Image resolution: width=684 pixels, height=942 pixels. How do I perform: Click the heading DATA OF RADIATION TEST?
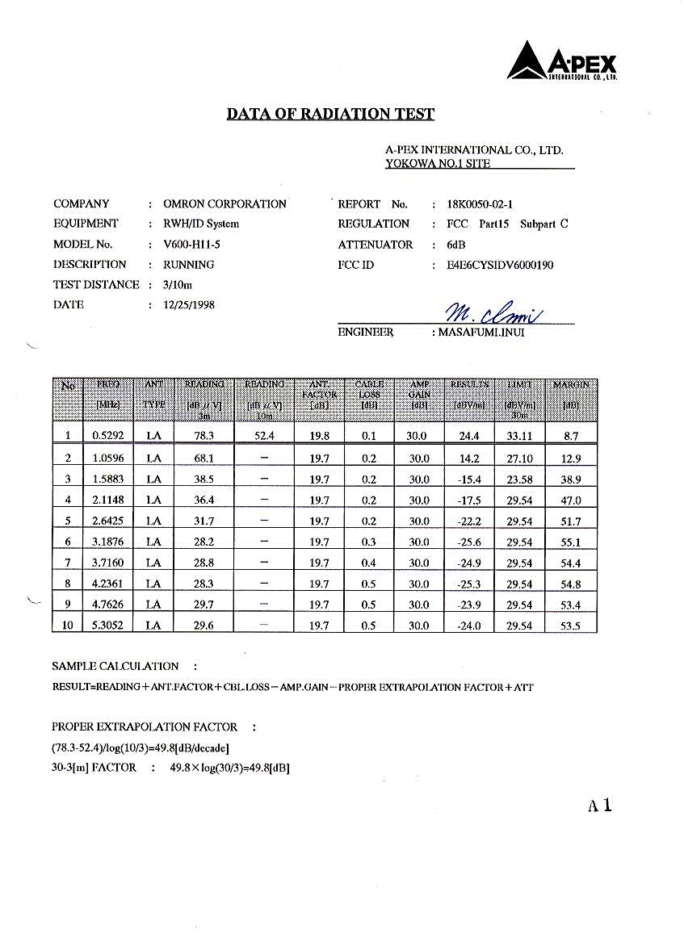click(x=330, y=114)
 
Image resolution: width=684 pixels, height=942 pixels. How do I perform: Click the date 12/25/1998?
click(x=189, y=305)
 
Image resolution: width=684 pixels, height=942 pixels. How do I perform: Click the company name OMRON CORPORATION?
click(x=225, y=204)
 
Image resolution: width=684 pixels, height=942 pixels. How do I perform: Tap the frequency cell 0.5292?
click(x=107, y=436)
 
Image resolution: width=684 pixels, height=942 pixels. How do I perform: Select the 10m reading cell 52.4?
click(x=264, y=436)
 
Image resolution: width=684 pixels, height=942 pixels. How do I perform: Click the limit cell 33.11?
click(x=519, y=436)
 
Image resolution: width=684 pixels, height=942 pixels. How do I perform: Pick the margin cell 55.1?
click(x=571, y=542)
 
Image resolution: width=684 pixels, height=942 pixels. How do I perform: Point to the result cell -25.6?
click(x=468, y=542)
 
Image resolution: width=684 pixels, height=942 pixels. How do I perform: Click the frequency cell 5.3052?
click(x=107, y=626)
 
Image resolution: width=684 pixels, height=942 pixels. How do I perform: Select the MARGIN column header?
click(x=571, y=385)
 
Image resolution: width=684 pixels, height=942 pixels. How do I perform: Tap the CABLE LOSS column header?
click(x=369, y=394)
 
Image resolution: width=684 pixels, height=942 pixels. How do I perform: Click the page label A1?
click(x=600, y=805)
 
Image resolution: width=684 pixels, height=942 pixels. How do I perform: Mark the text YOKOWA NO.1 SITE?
click(x=438, y=163)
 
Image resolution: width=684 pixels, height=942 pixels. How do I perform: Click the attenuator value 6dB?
click(x=456, y=245)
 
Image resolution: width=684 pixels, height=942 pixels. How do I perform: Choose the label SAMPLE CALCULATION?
click(x=115, y=666)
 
